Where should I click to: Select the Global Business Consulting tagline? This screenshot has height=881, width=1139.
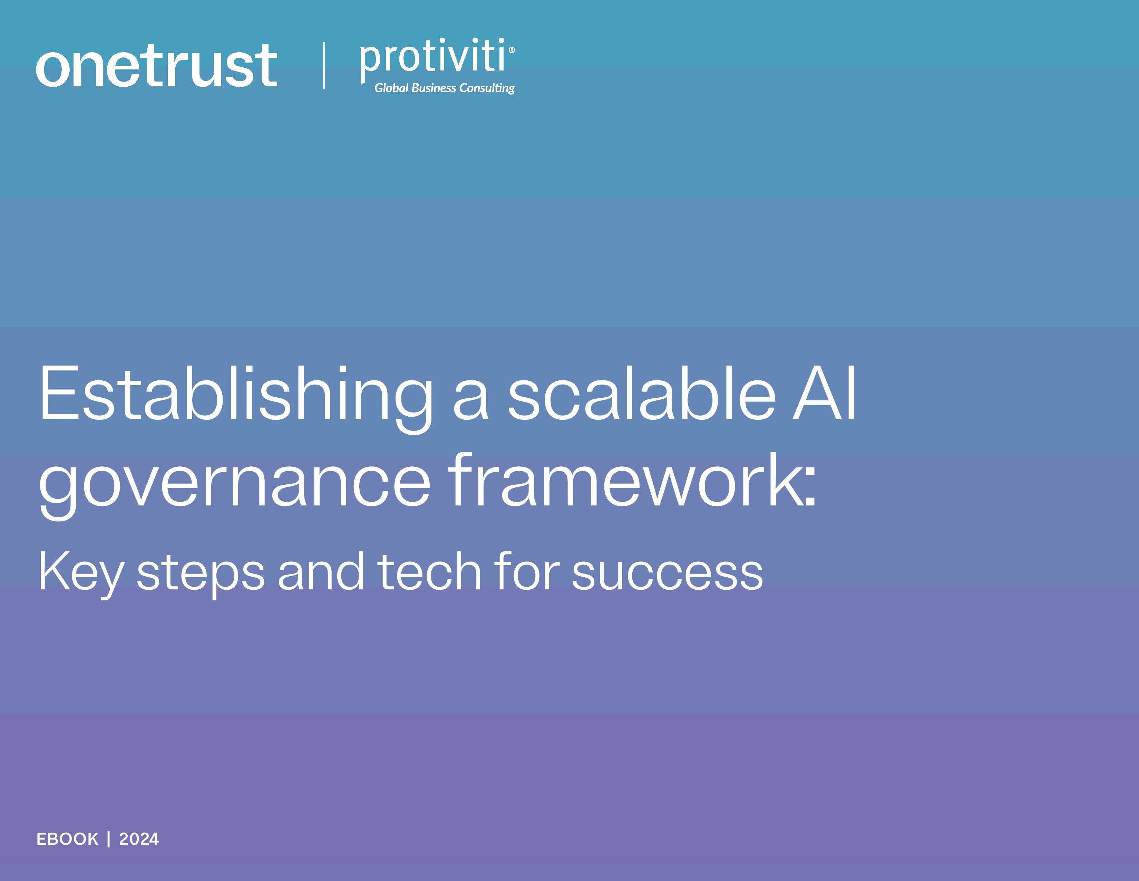click(444, 88)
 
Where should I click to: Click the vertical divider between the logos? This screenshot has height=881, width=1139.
click(324, 65)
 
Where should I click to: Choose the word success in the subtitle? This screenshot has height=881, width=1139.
click(668, 574)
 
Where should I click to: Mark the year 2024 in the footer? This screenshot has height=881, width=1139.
click(139, 839)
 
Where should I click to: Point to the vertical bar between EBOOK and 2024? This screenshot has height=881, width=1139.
click(108, 839)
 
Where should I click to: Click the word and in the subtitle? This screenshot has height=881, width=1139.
click(321, 571)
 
